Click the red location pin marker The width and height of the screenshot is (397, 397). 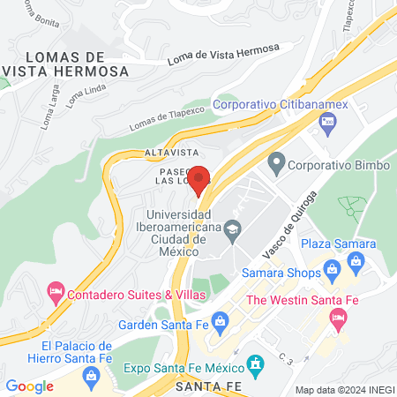[x=199, y=180]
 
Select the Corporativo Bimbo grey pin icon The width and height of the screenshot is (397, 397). [x=277, y=163]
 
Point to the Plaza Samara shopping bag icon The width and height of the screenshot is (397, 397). [x=356, y=260]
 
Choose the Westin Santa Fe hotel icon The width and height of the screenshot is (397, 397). [x=337, y=325]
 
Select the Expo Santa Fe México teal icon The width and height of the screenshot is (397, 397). [x=256, y=363]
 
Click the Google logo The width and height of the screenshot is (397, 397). [x=29, y=386]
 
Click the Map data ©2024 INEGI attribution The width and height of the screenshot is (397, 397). [x=343, y=389]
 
